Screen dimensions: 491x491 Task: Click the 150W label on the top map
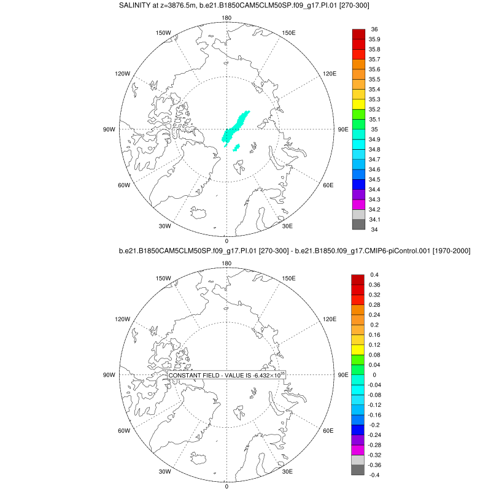[163, 33]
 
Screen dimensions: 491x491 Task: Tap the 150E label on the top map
[289, 33]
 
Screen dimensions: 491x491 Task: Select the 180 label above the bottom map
[226, 263]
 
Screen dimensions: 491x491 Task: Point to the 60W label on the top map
[124, 185]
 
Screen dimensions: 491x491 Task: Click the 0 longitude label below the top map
[226, 241]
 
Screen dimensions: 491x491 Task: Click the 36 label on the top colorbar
[374, 29]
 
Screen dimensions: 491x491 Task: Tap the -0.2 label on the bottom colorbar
[374, 424]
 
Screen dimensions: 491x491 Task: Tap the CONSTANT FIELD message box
[227, 375]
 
